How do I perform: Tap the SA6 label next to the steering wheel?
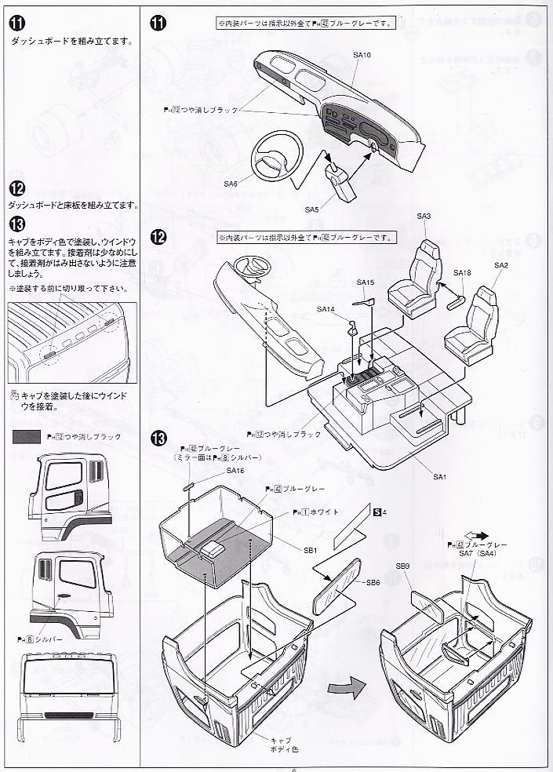click(x=229, y=184)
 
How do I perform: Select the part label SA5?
click(x=311, y=209)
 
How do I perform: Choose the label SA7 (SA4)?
click(x=475, y=555)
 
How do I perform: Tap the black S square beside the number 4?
click(x=377, y=512)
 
